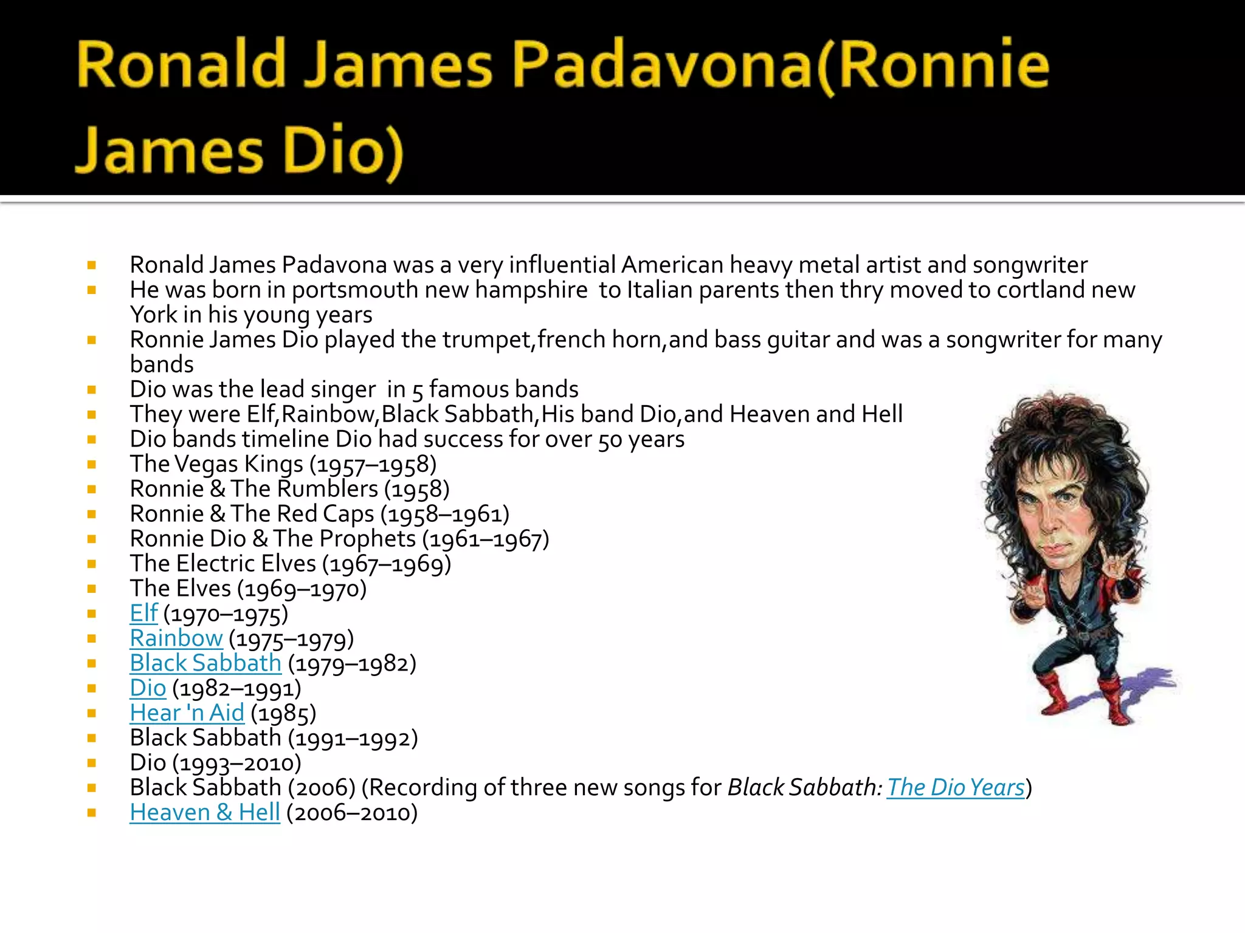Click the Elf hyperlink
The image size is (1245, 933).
143,613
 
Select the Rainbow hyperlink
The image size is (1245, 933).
176,638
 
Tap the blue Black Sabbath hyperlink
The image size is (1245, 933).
205,663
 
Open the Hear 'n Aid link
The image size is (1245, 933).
187,713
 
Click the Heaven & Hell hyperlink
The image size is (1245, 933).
205,813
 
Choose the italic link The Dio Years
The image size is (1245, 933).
956,788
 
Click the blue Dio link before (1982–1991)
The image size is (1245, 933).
148,688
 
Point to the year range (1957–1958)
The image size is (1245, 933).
373,465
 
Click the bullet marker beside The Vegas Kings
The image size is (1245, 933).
92,465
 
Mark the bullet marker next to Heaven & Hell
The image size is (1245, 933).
92,813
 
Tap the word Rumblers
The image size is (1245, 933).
328,489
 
